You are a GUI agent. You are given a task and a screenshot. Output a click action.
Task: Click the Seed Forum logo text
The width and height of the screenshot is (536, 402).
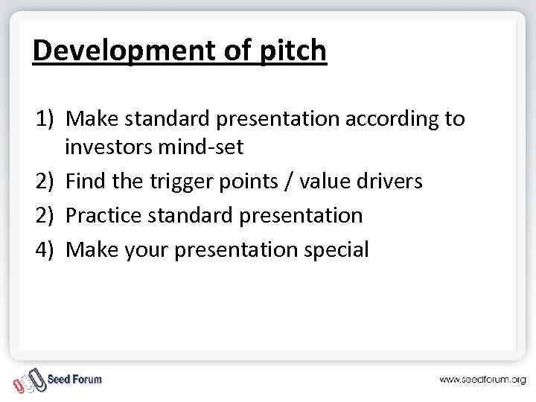[x=74, y=379]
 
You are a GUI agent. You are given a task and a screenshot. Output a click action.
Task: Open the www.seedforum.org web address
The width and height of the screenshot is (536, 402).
[x=482, y=380]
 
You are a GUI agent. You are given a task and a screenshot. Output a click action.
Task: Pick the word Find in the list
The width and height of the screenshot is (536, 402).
[x=86, y=181]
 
